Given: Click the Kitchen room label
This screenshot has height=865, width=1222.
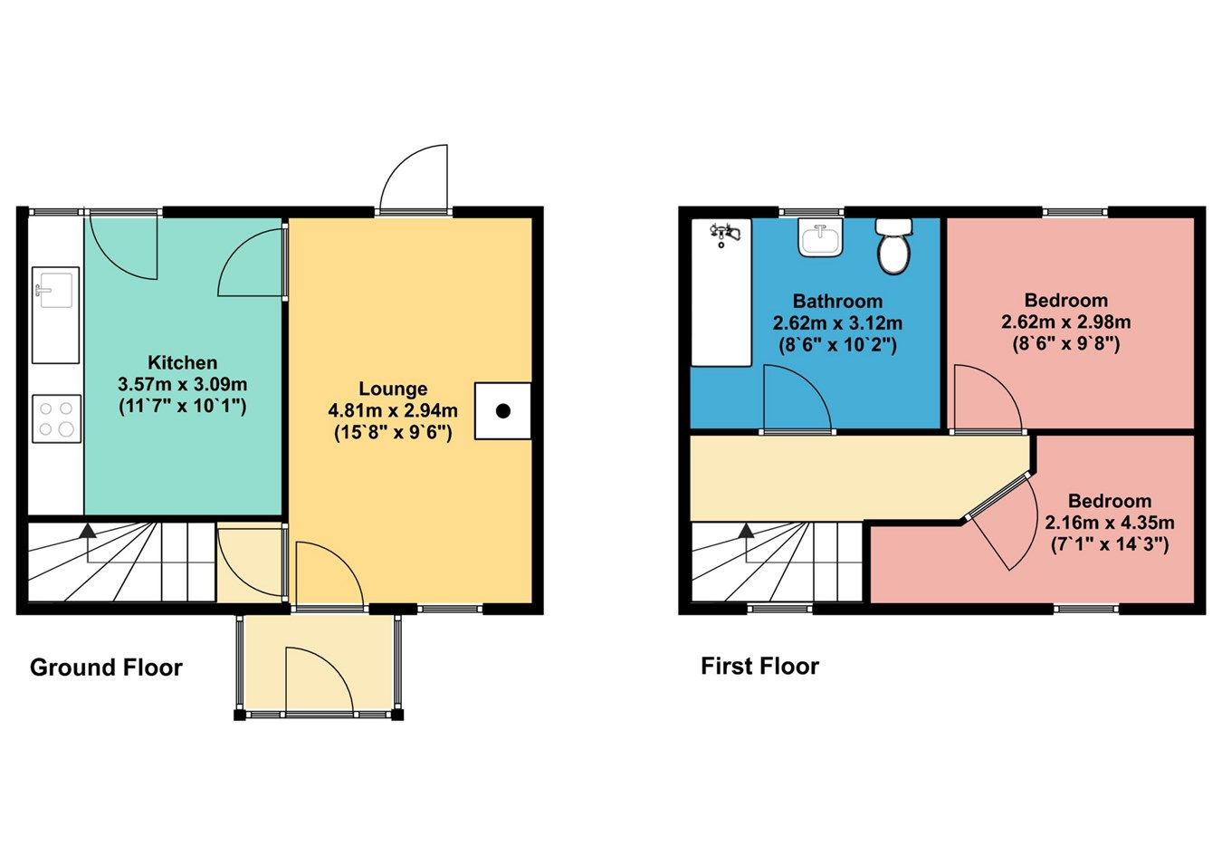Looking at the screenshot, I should [x=182, y=362].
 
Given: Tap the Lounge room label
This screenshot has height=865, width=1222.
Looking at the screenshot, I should [x=392, y=389].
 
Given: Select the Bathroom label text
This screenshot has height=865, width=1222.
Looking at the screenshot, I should [x=837, y=302].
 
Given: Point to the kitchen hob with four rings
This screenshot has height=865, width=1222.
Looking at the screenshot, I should [x=56, y=419].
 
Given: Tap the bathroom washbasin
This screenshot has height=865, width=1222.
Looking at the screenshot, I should [x=820, y=239].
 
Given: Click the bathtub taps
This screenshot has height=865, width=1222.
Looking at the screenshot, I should [x=726, y=234].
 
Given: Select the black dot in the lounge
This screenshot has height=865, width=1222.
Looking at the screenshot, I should [x=503, y=411].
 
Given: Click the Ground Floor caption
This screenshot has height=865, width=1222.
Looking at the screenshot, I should [x=106, y=668].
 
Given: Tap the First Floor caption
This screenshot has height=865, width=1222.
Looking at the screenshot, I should [x=759, y=667].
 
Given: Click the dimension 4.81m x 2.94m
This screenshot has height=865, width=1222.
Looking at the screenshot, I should [x=392, y=410].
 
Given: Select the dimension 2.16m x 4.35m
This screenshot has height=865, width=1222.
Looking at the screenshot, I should [x=1109, y=523].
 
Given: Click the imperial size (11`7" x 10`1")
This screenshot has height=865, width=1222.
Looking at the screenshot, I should [x=182, y=406].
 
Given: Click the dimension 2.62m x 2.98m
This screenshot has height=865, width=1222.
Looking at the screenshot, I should [x=1065, y=322].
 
